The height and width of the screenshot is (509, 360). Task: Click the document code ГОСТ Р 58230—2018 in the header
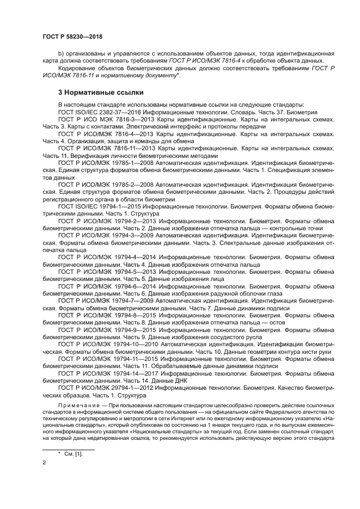72,36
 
